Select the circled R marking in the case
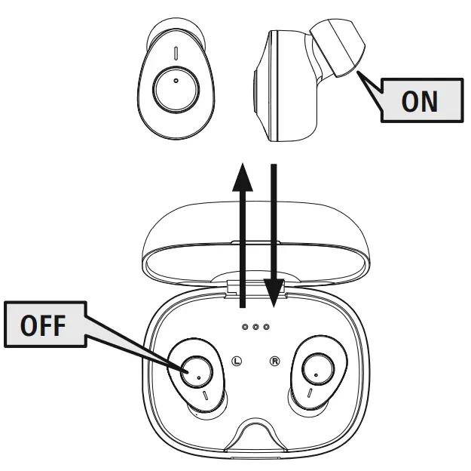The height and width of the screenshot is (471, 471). (x=274, y=361)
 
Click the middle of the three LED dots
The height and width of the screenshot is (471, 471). (x=255, y=327)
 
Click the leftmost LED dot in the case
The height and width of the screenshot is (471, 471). (x=245, y=327)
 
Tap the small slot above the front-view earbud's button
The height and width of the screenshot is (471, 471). (x=175, y=54)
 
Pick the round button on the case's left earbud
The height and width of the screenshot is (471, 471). (x=197, y=371)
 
